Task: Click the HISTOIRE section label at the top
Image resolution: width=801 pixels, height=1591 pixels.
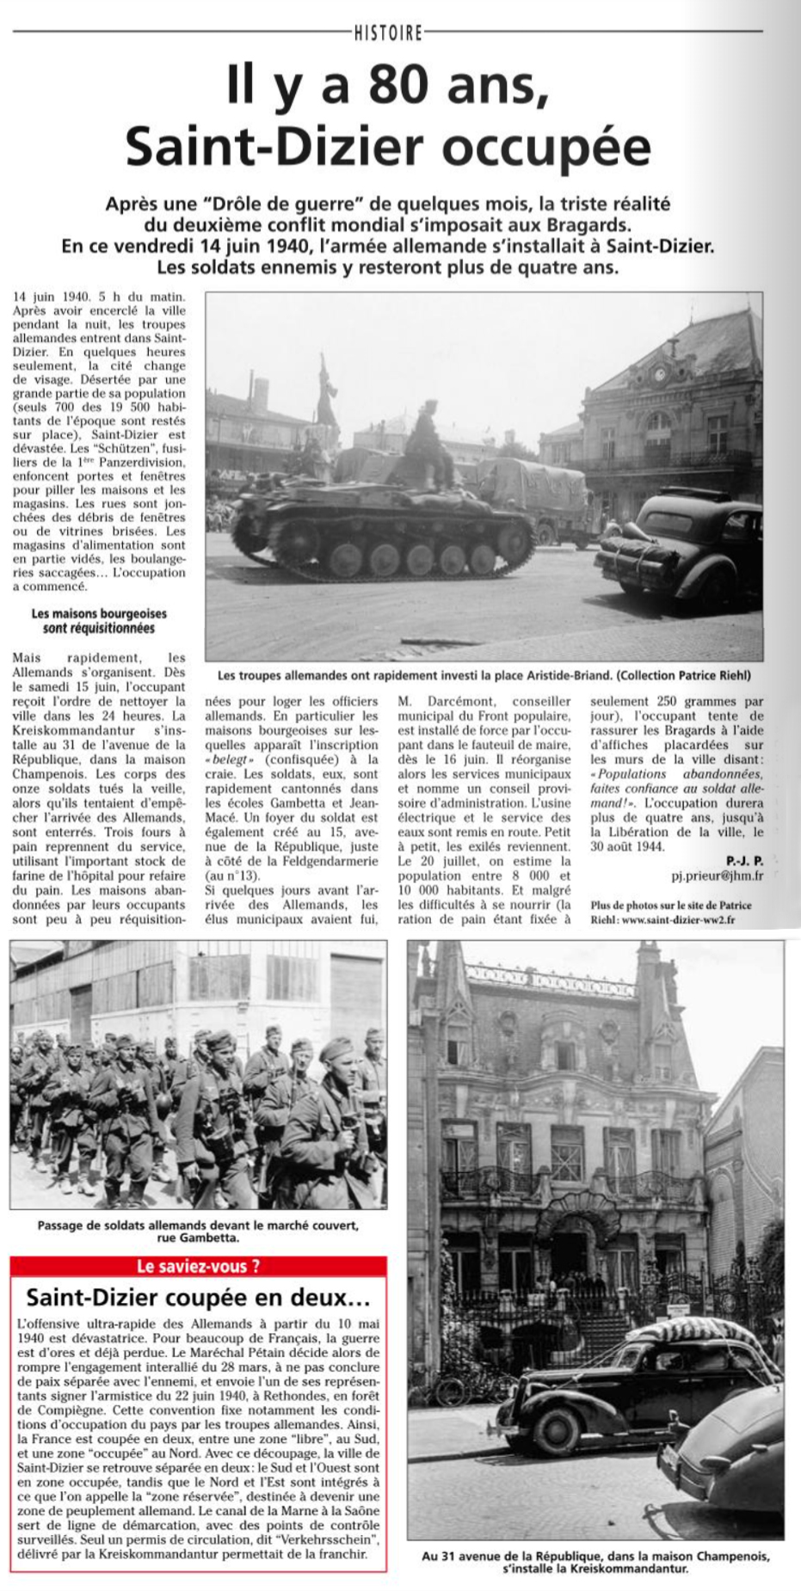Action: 389,33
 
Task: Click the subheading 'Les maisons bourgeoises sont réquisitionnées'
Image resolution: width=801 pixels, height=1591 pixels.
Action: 99,621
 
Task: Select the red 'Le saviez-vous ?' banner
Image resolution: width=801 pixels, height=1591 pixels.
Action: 198,1266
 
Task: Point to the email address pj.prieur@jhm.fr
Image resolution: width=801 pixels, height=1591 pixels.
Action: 717,876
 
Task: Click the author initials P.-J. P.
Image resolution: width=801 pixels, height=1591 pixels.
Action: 744,861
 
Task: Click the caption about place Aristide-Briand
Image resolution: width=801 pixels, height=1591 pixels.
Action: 484,675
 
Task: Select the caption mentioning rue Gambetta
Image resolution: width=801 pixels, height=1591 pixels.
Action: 198,1232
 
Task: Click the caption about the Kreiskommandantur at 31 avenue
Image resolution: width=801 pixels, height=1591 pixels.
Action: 595,1562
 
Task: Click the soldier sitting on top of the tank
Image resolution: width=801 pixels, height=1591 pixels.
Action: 428,443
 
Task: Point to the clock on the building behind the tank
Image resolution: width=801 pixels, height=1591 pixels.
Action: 660,374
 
